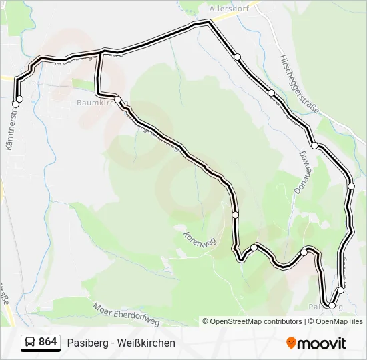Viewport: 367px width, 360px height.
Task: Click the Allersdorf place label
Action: (x=229, y=9)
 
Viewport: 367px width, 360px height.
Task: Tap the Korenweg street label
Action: (x=198, y=238)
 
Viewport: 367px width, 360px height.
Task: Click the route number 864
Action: (x=47, y=342)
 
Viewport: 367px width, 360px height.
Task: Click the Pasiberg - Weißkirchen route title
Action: (x=121, y=343)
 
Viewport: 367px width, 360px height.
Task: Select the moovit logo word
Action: (x=322, y=343)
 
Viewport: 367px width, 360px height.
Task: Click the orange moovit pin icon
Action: (x=291, y=343)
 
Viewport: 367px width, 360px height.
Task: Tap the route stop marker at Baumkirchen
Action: (x=117, y=100)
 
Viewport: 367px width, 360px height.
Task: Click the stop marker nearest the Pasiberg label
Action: (x=332, y=306)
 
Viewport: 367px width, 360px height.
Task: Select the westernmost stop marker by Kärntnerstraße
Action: (x=15, y=104)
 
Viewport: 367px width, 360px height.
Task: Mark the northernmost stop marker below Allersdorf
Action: (x=237, y=57)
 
